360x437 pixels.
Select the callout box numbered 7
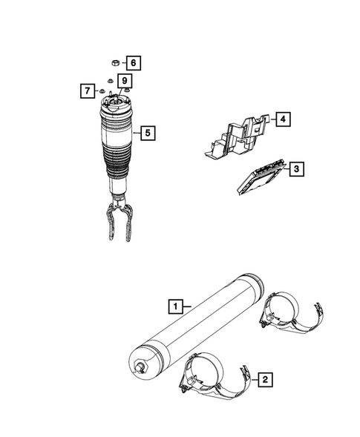coord(87,91)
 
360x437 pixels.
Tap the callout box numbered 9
coord(125,80)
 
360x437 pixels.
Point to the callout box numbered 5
coord(148,134)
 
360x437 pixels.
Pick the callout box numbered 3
coord(295,170)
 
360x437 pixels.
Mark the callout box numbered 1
coord(175,305)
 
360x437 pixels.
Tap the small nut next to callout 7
coord(102,92)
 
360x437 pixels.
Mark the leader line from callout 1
coord(188,305)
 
